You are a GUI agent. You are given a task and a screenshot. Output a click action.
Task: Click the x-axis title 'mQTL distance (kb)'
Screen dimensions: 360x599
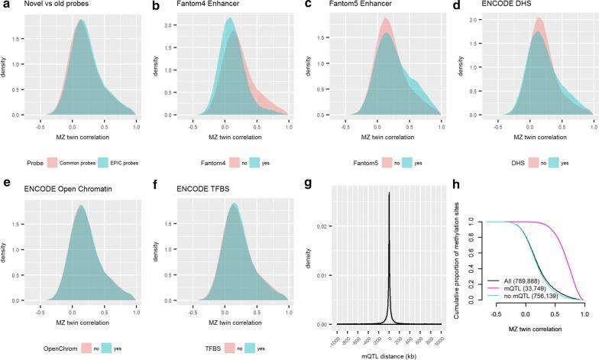(381, 357)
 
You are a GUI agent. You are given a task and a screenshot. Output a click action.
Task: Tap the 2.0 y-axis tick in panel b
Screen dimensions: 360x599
(171, 25)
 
